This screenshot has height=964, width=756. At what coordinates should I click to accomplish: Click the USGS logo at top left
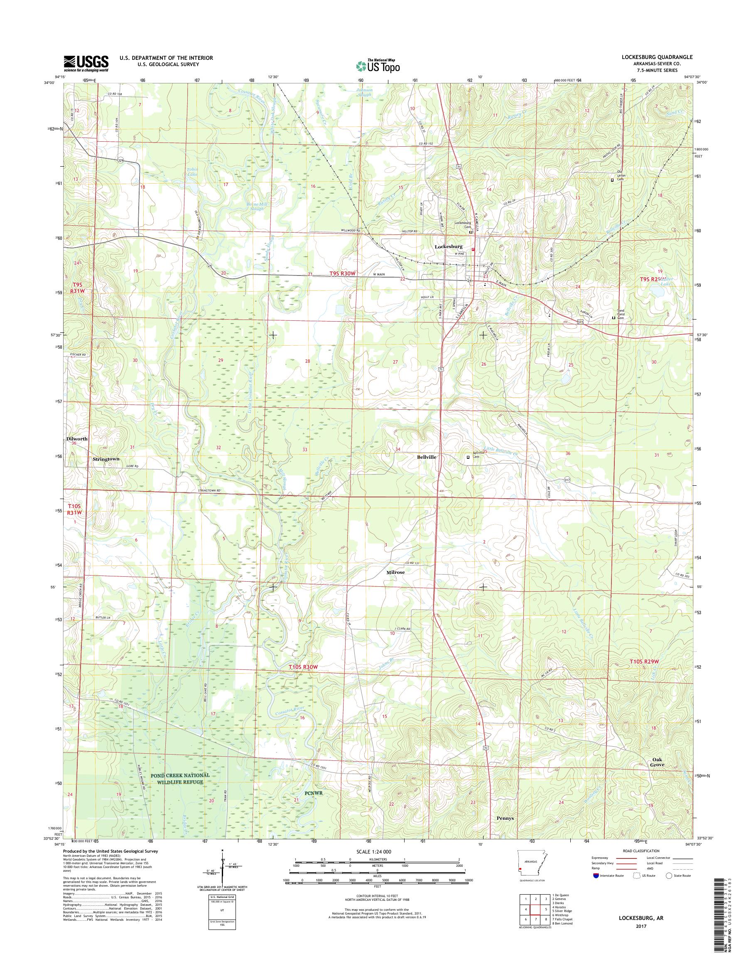[86, 63]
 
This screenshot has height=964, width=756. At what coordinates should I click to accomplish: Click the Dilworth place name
[76, 439]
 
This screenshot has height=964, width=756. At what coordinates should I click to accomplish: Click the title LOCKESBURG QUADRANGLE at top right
[663, 57]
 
